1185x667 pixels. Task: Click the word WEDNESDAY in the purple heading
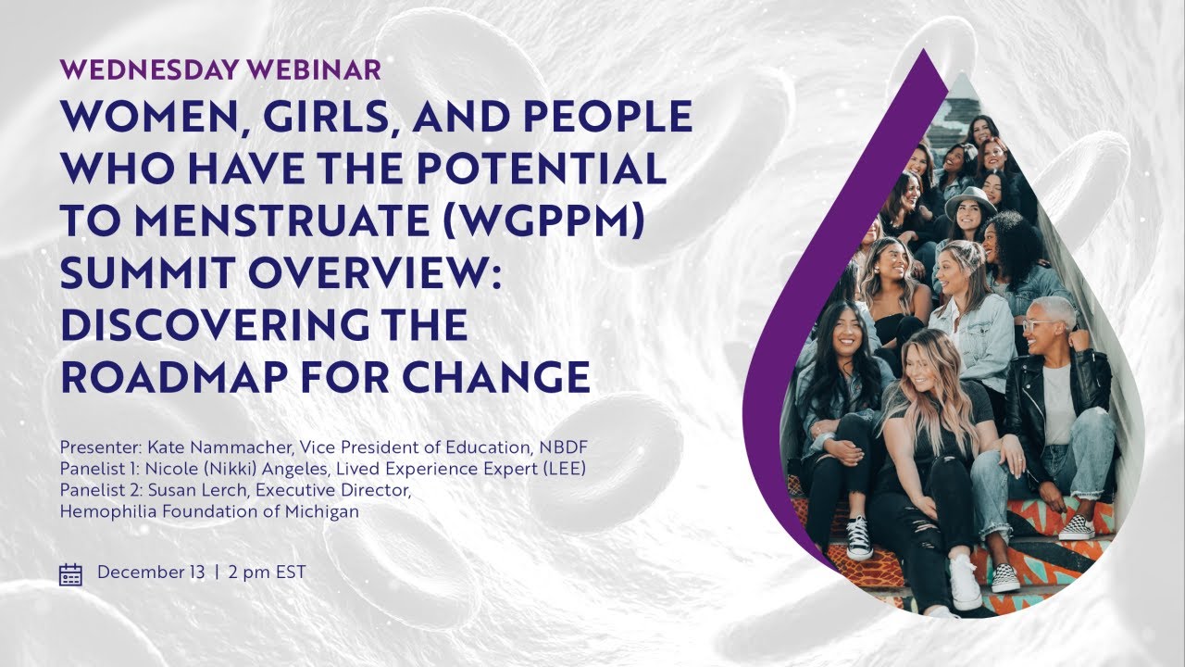[150, 69]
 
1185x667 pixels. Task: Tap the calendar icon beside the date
[70, 573]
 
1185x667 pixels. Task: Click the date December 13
[151, 573]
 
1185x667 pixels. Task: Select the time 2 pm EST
[268, 573]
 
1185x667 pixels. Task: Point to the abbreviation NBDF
[563, 447]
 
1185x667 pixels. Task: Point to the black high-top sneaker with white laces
[858, 538]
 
